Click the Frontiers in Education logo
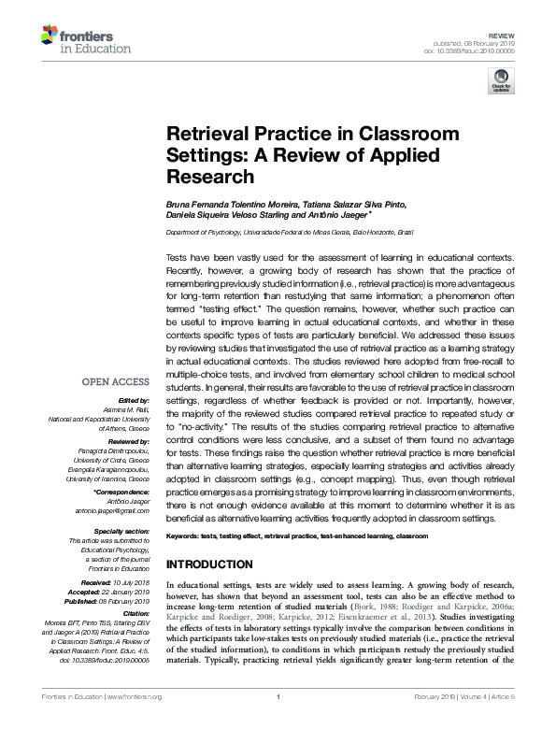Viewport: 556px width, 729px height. click(x=75, y=38)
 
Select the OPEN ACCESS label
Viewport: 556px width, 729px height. click(x=116, y=381)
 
